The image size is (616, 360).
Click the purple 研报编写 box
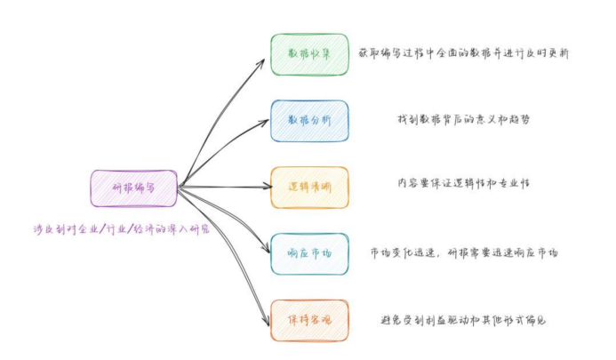tap(134, 188)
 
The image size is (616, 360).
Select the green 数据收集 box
tap(309, 54)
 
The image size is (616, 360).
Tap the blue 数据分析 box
tap(309, 121)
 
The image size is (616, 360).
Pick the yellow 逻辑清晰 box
tap(309, 188)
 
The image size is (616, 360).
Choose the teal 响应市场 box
tap(309, 254)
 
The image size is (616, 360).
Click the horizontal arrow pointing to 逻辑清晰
tap(227, 187)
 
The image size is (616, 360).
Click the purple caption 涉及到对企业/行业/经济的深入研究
tap(119, 229)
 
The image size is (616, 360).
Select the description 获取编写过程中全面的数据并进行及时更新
tap(463, 54)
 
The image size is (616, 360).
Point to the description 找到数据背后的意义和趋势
tap(463, 120)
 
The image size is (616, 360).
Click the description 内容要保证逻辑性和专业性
tap(463, 184)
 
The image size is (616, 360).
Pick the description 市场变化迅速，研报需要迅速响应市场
tap(463, 253)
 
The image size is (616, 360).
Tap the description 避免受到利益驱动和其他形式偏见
tap(463, 320)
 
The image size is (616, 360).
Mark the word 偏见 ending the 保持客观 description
tap(533, 320)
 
